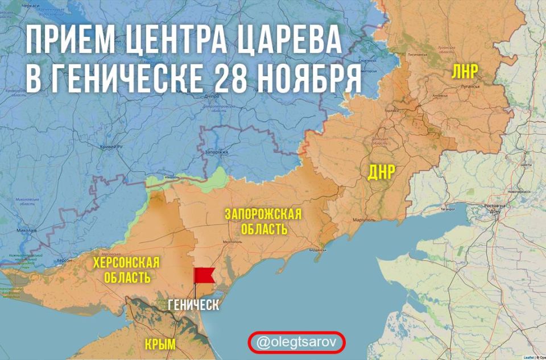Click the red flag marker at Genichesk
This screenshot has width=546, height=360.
[x=203, y=276]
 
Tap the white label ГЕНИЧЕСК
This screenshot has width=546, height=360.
[x=193, y=305]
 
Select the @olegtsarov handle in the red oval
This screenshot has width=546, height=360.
[x=296, y=342]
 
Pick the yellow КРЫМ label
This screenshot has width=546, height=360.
[x=160, y=344]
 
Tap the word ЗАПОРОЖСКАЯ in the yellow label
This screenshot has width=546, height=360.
[x=263, y=214]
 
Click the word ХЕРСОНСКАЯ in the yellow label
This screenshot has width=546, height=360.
[x=126, y=263]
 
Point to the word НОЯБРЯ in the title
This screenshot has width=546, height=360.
[x=308, y=78]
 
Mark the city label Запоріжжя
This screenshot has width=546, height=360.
[x=216, y=153]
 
